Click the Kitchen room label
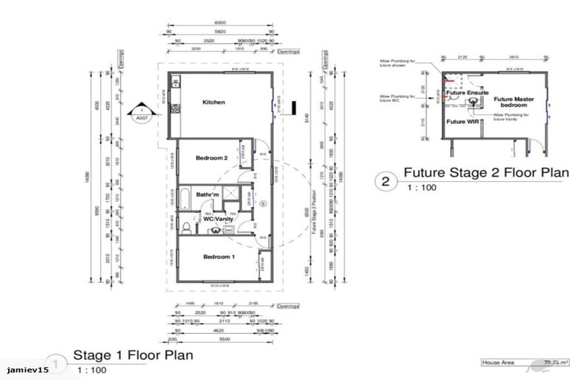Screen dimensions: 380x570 pos(214,102)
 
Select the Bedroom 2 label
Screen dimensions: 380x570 pos(211,158)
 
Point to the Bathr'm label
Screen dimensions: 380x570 pos(208,195)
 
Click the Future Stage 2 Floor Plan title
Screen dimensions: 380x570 pos(485,174)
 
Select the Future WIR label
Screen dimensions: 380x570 pos(461,120)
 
